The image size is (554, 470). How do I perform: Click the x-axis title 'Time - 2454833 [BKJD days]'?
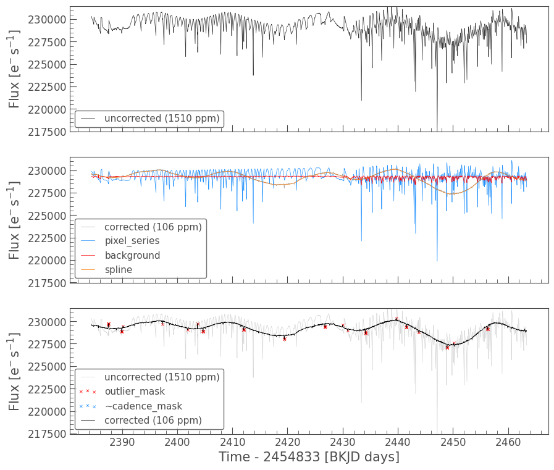click(x=309, y=457)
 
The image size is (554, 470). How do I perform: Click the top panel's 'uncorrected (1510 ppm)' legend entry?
click(x=162, y=119)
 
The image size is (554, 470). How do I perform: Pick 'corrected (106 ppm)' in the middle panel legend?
click(x=153, y=227)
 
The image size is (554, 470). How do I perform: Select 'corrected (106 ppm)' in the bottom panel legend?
click(x=153, y=421)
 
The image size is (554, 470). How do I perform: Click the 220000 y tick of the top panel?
click(x=47, y=109)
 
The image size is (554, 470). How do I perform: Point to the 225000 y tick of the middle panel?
click(x=47, y=216)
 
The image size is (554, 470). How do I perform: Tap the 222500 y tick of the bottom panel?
click(x=47, y=389)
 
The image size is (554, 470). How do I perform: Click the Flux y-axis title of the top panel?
click(x=15, y=69)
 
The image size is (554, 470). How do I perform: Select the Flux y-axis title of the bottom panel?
click(x=15, y=371)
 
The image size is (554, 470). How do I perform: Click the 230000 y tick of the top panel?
click(x=47, y=20)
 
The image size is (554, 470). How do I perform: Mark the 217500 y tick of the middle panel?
click(x=47, y=283)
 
